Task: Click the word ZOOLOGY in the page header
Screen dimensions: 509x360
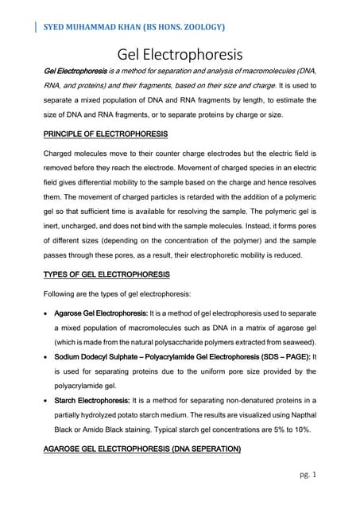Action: (x=199, y=28)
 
